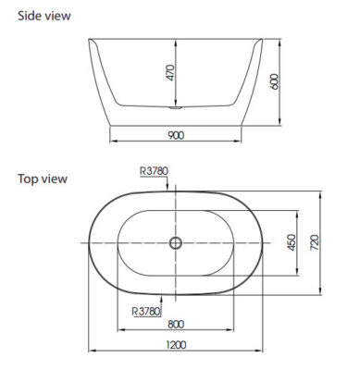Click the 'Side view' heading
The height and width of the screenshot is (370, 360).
(44, 16)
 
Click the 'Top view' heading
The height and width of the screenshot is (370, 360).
(43, 179)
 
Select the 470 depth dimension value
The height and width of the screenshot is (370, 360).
(170, 73)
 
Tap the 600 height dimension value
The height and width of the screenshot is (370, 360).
(274, 81)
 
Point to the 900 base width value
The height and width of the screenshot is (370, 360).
(176, 135)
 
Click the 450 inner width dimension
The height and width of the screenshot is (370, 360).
(292, 242)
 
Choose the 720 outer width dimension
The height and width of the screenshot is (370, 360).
(315, 242)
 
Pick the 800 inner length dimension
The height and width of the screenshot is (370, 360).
(176, 324)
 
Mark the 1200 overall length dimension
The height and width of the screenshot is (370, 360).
(176, 345)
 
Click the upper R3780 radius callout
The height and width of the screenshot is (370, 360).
(154, 171)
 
